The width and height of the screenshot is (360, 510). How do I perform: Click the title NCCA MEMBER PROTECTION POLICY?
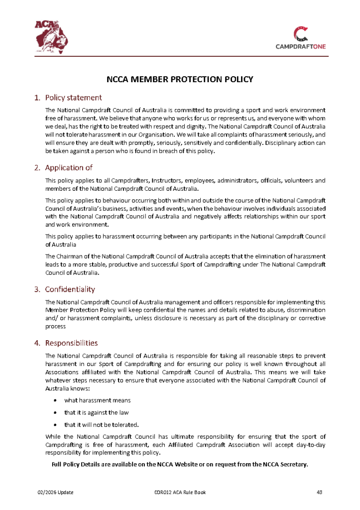(x=180, y=79)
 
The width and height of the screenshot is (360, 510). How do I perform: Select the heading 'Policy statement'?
(x=73, y=98)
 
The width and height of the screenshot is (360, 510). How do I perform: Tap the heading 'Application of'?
(x=69, y=167)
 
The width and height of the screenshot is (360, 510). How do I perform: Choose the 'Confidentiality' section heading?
(x=70, y=289)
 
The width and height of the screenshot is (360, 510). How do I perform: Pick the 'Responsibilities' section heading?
(x=71, y=343)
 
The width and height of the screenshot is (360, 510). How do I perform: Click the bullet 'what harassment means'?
(x=98, y=400)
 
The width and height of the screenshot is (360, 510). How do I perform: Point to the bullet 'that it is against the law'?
(x=97, y=413)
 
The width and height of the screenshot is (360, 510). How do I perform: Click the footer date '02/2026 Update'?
(x=56, y=493)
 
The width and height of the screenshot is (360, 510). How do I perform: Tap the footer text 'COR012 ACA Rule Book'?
(x=180, y=493)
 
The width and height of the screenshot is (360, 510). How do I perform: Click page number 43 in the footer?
(x=320, y=493)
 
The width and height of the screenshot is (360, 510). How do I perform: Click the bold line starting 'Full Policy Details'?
(x=180, y=465)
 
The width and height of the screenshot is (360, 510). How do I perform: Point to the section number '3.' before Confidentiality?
(x=37, y=289)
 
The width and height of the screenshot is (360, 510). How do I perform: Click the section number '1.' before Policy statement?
(x=37, y=98)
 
